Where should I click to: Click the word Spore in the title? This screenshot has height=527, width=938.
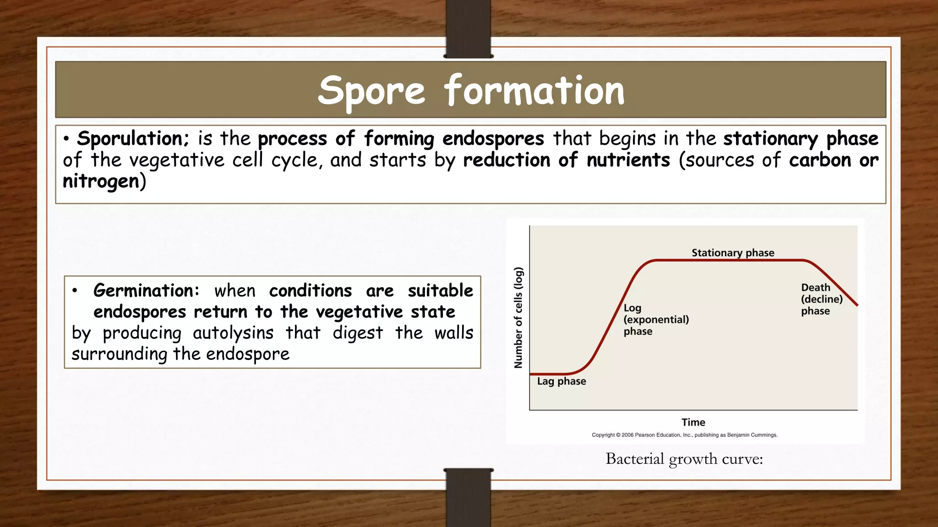click(371, 91)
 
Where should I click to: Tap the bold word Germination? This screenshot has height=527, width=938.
click(146, 290)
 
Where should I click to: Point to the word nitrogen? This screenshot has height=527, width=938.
click(101, 182)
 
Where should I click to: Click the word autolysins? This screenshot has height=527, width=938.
click(233, 333)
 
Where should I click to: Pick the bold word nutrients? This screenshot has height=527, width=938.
click(628, 160)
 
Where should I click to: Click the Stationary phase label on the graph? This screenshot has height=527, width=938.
click(732, 253)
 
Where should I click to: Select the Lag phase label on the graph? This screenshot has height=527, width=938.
click(561, 381)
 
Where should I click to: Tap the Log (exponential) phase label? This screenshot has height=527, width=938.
click(655, 319)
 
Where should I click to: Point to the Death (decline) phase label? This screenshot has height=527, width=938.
click(821, 299)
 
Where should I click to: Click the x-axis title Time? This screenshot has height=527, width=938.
click(693, 422)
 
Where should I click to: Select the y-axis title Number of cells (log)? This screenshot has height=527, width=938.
click(518, 317)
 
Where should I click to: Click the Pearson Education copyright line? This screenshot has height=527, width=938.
click(684, 435)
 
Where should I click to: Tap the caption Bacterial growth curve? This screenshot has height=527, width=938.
click(684, 459)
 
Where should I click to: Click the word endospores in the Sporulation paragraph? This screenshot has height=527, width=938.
click(493, 139)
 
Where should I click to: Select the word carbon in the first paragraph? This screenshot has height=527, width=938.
click(820, 160)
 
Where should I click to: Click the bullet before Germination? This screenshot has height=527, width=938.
click(75, 290)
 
